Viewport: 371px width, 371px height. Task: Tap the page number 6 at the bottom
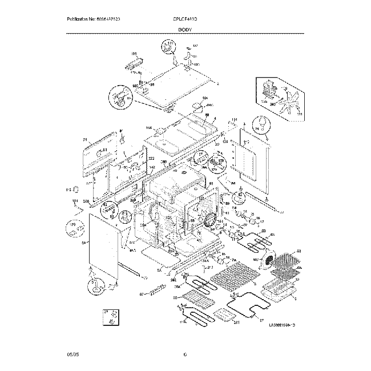tap(185, 355)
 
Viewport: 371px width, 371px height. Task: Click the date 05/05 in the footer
tap(72, 355)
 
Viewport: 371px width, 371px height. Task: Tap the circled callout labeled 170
tap(74, 228)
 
